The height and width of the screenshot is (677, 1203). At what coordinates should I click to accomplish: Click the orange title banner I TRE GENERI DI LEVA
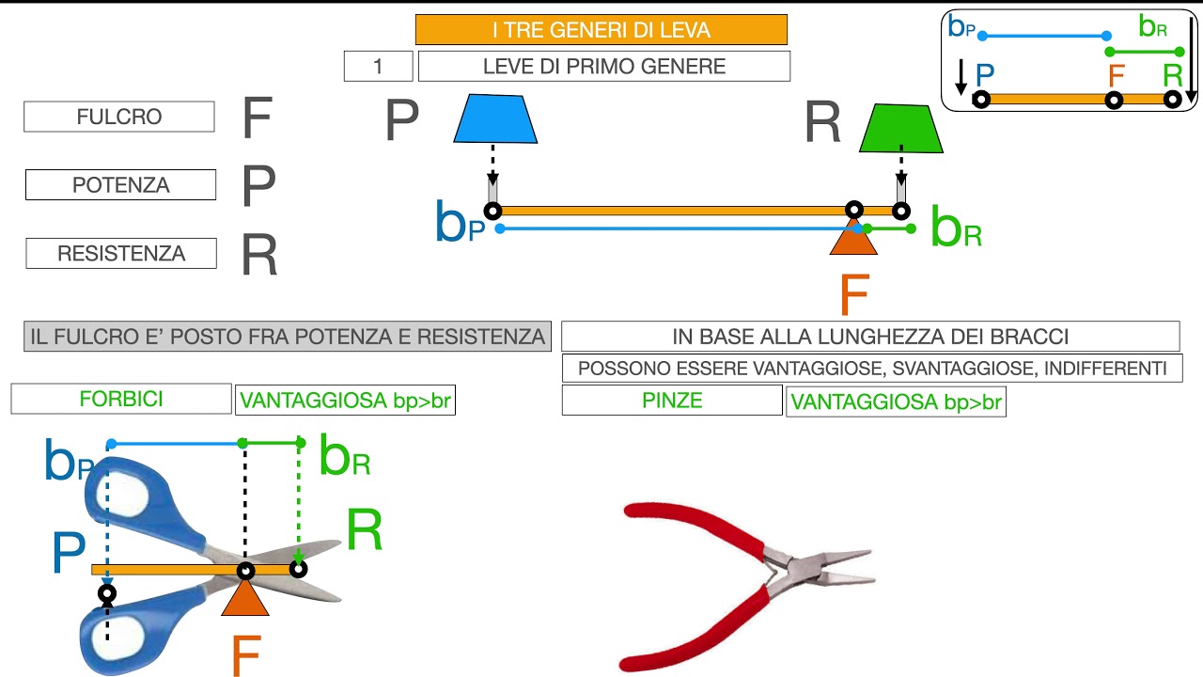(x=601, y=30)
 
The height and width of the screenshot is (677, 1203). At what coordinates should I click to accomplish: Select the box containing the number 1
(x=378, y=66)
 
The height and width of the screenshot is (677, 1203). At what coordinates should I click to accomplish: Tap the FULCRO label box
(x=119, y=117)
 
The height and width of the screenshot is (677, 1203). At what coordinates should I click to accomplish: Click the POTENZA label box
(x=120, y=185)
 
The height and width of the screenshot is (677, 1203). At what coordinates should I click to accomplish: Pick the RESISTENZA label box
(x=121, y=253)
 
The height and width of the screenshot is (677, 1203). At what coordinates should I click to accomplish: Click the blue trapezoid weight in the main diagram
(x=495, y=118)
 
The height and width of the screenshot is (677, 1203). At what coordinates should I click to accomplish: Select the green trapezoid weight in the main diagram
(x=901, y=129)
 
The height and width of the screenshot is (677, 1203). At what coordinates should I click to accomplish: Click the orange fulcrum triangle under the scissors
(x=245, y=597)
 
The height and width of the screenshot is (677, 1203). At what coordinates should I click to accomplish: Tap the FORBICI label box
(x=121, y=399)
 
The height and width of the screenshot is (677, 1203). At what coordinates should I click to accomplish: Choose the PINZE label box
(x=672, y=400)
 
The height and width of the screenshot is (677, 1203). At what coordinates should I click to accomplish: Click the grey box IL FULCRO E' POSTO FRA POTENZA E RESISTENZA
(x=288, y=337)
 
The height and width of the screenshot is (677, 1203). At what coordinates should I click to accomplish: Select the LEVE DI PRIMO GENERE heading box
(x=603, y=66)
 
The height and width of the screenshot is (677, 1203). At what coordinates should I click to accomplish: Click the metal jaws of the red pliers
(x=827, y=571)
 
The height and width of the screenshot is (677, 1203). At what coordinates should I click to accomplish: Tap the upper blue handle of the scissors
(x=141, y=498)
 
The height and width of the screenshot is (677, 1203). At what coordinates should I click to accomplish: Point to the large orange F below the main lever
(x=853, y=295)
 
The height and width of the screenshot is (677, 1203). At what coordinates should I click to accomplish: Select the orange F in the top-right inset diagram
(x=1117, y=75)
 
